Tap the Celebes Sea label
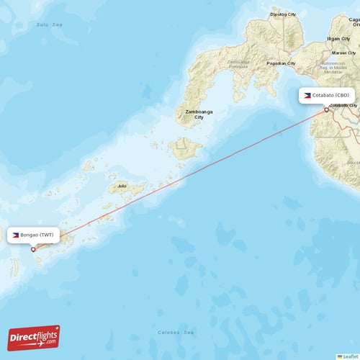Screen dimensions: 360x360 (176, 333)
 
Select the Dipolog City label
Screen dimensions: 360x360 (282, 14)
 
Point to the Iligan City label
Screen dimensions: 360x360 (338, 38)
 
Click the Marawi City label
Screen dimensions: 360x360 (343, 53)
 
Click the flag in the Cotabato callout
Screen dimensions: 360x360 (307, 95)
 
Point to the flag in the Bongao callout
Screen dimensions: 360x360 (15, 235)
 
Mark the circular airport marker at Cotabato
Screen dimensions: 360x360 (326, 109)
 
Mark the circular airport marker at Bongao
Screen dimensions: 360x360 (33, 249)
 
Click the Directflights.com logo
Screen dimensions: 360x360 (34, 337)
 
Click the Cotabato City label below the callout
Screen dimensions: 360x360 (343, 105)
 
